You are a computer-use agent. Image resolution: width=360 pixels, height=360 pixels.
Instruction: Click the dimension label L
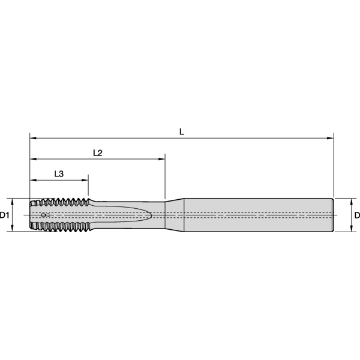182,131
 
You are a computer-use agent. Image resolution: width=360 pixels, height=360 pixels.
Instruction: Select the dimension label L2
98,152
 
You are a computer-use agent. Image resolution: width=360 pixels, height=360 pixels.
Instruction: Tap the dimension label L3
59,173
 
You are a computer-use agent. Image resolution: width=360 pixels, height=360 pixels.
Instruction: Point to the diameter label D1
5,215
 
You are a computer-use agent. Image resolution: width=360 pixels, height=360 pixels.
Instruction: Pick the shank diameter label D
356,215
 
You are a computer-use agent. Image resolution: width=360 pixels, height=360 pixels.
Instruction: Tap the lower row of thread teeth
60,229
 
